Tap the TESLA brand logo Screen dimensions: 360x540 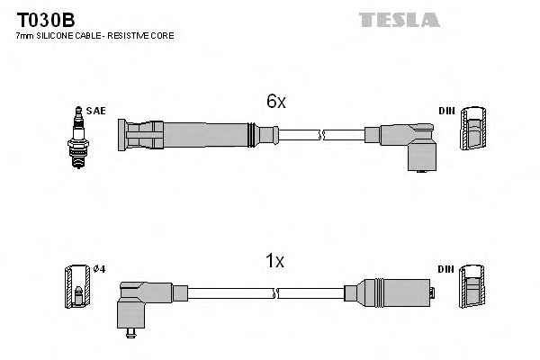pos(399,19)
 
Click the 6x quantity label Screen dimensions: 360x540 pos(275,103)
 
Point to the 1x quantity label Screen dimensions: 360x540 pos(274,262)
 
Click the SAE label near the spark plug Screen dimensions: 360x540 pos(96,111)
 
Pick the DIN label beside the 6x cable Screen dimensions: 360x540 pos(446,111)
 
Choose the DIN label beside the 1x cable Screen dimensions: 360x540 pos(446,270)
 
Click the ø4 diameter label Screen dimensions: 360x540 pos(100,270)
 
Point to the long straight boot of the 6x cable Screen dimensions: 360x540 pos(189,135)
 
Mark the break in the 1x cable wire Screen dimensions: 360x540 pos(275,293)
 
